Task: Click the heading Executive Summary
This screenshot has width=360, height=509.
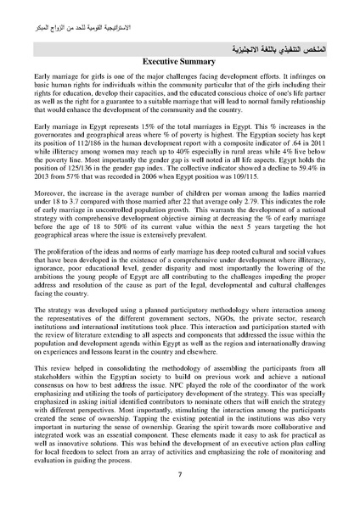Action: coord(180,62)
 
